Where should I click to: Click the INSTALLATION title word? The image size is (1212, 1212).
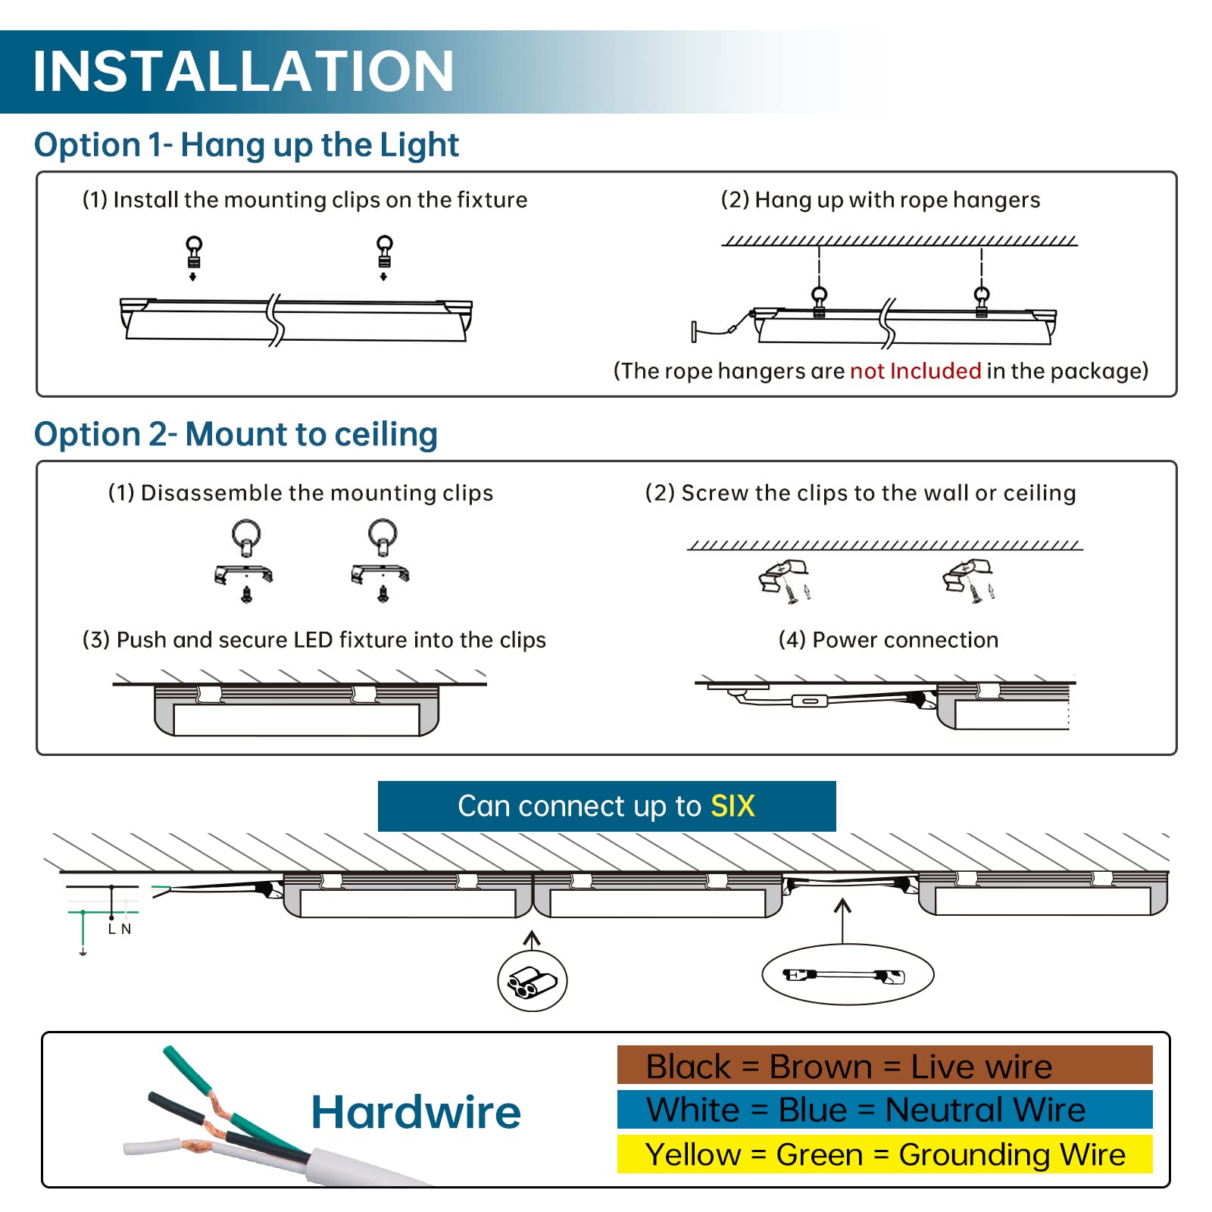point(243,72)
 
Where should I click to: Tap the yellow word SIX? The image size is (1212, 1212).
point(733,806)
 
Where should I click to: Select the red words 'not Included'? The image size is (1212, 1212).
point(915,370)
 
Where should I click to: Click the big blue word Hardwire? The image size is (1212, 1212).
point(416,1112)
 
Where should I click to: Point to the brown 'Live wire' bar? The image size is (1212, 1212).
point(884,1066)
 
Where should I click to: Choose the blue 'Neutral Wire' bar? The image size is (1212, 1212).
point(884,1110)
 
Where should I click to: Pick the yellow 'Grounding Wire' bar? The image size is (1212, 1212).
point(884,1154)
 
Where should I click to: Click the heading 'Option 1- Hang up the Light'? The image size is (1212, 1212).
point(246,145)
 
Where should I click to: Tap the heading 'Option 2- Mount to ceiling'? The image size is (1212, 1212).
point(236,435)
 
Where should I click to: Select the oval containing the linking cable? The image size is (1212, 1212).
point(847,976)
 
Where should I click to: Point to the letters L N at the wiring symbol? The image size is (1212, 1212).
point(120,929)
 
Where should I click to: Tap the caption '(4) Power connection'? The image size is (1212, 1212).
point(888,640)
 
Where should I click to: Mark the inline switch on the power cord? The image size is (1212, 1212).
point(809,701)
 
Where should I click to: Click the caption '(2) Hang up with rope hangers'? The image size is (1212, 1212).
point(880,200)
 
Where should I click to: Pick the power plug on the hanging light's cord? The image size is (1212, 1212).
point(696,331)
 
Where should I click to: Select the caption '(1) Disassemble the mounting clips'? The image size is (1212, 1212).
point(300,493)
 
